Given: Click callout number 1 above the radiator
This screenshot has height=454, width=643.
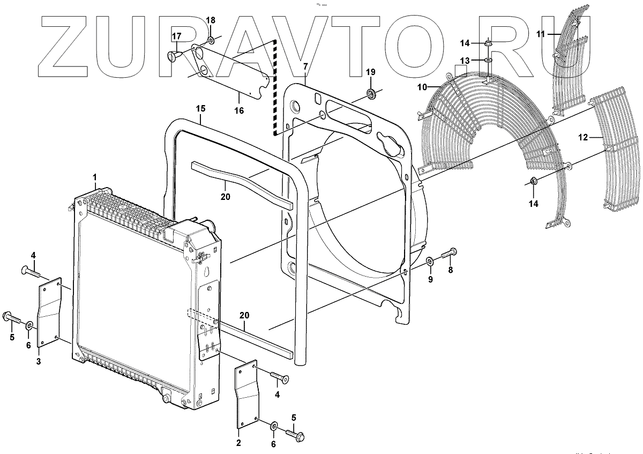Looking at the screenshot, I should [x=94, y=176].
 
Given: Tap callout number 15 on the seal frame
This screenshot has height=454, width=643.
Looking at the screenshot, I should [x=200, y=108].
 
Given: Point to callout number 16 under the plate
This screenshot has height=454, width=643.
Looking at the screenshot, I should [x=239, y=110].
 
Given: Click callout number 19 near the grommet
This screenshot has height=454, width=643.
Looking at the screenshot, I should [x=370, y=72].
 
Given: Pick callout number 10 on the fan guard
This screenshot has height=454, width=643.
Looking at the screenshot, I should [x=422, y=86].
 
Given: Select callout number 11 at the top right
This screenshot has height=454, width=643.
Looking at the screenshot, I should [x=541, y=34].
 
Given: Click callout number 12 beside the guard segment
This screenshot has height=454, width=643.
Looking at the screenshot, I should [x=584, y=137].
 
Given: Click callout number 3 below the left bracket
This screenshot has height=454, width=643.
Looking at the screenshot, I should [x=39, y=362].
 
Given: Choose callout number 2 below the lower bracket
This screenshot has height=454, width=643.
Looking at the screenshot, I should [x=238, y=443].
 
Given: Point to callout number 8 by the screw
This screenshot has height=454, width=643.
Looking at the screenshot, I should [x=450, y=270].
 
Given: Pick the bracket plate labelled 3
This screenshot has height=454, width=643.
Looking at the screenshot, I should [x=50, y=314].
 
